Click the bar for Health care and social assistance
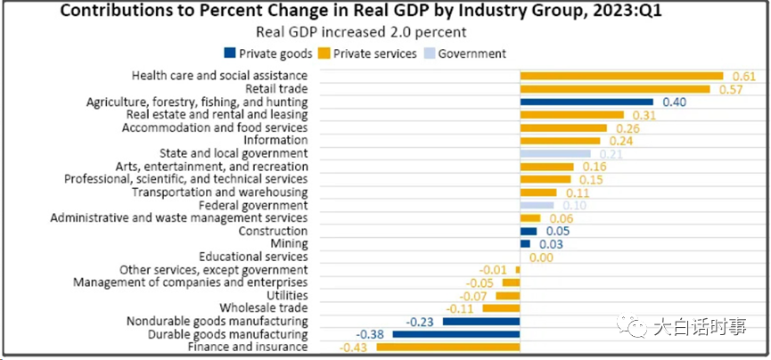click(x=621, y=76)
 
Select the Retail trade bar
click(x=615, y=89)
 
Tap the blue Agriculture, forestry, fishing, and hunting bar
click(x=586, y=102)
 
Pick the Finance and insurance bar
click(x=448, y=347)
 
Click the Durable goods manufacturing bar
click(x=456, y=334)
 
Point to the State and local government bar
click(x=555, y=153)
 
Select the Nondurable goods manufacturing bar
click(x=481, y=321)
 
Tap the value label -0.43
click(x=355, y=347)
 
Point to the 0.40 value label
click(x=673, y=102)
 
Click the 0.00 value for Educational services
click(x=543, y=257)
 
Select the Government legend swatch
click(x=430, y=53)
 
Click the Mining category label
click(x=289, y=243)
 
